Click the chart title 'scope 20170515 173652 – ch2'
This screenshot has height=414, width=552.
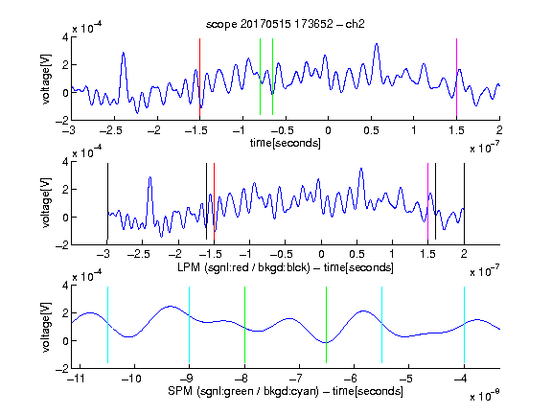coord(286,24)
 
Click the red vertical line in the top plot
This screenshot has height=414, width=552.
coord(199,77)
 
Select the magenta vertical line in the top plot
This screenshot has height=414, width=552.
coord(456,77)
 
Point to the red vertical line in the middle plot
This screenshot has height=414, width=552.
coord(214,201)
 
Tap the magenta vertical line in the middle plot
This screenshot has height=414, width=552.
coord(427,201)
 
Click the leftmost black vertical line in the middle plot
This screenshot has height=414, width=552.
coord(107,201)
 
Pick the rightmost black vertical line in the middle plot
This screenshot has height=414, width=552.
coord(464,201)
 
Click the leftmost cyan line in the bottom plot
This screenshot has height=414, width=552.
coord(107,325)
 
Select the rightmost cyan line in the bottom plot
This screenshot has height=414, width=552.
coord(464,325)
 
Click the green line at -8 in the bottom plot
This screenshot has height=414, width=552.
coord(244,325)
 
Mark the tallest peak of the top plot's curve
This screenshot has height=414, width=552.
coord(377,44)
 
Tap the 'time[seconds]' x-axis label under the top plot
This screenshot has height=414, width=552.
coord(286,144)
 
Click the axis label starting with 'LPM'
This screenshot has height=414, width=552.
coord(286,267)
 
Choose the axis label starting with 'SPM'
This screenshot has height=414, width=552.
coord(286,391)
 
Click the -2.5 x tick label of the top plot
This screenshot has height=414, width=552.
coord(111,130)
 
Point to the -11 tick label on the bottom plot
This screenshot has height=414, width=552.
coord(77,379)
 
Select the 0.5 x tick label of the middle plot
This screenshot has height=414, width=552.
coord(356,254)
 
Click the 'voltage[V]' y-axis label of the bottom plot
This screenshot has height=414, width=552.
coord(46,327)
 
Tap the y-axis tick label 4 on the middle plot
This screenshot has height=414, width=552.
coord(65,162)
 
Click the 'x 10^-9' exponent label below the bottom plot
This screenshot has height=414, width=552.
coord(484,396)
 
